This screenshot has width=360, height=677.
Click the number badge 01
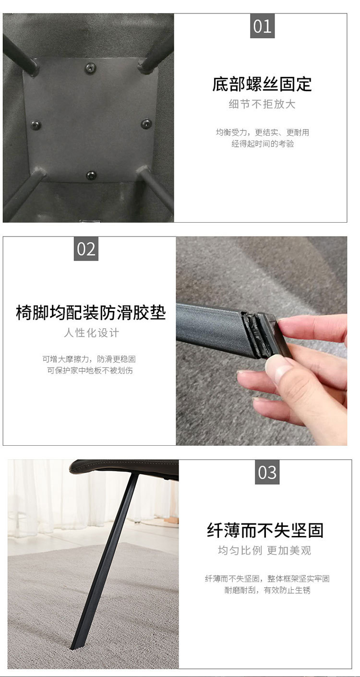coord(262,26)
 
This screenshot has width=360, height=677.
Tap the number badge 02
coord(86,249)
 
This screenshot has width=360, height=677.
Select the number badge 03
coord(267,472)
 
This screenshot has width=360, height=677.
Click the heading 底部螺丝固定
coord(262,84)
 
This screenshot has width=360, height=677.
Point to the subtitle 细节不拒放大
coord(262,104)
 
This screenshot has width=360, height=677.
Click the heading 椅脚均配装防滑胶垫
coord(91,312)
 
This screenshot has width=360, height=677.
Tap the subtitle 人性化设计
coord(91,333)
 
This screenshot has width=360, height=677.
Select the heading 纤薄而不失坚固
coord(265,530)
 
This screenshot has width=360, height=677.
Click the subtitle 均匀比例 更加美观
coord(264,550)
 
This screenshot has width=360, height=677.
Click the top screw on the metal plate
coord(90,68)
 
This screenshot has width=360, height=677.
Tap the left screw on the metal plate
coord(36,125)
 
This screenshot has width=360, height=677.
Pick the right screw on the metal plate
coord(146,124)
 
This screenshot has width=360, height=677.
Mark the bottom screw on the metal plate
coord(91,175)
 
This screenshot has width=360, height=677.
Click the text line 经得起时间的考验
coord(263,143)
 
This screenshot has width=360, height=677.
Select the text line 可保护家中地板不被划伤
coord(90,370)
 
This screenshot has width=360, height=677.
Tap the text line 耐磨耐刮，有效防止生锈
coord(267,590)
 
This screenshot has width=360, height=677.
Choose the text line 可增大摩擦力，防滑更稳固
coord(89,359)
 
